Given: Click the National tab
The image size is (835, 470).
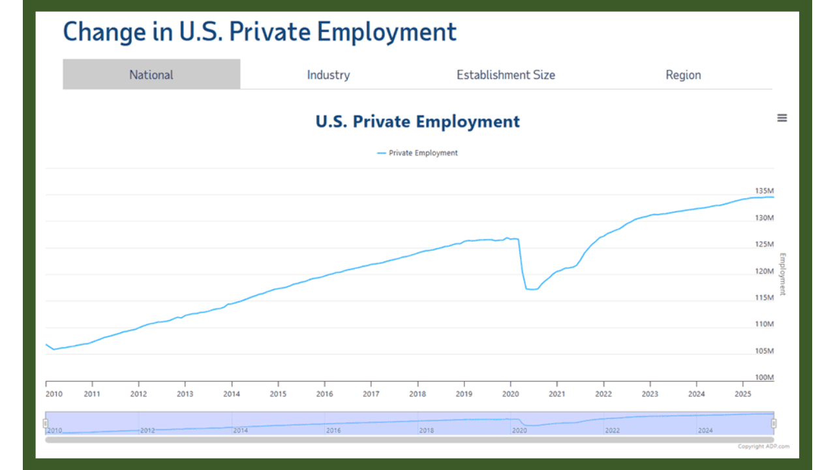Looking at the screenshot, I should pyautogui.click(x=151, y=74).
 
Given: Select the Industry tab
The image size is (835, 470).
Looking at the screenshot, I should pyautogui.click(x=328, y=74).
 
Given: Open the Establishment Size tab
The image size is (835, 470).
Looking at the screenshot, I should pyautogui.click(x=506, y=74).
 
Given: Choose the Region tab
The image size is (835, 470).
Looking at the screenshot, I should pyautogui.click(x=683, y=74).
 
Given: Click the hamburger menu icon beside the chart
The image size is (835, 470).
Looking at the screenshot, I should pyautogui.click(x=782, y=118).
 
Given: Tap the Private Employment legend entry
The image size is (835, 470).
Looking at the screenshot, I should pyautogui.click(x=417, y=153).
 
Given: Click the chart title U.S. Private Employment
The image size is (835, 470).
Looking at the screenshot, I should pyautogui.click(x=417, y=121).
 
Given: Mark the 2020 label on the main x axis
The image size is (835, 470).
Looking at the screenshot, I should pyautogui.click(x=510, y=394).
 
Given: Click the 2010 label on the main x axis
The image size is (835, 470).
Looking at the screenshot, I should pyautogui.click(x=53, y=394).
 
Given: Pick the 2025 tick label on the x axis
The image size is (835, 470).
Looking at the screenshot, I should pyautogui.click(x=742, y=394).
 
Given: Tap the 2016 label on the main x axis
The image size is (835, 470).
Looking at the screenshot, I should pyautogui.click(x=324, y=394).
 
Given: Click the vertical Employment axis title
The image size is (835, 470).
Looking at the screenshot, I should pyautogui.click(x=783, y=274).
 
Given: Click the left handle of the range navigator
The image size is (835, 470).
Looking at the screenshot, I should pyautogui.click(x=46, y=423).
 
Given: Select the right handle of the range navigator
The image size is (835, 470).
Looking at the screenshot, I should pyautogui.click(x=774, y=423).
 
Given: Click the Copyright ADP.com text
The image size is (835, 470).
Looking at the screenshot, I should pyautogui.click(x=763, y=446).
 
